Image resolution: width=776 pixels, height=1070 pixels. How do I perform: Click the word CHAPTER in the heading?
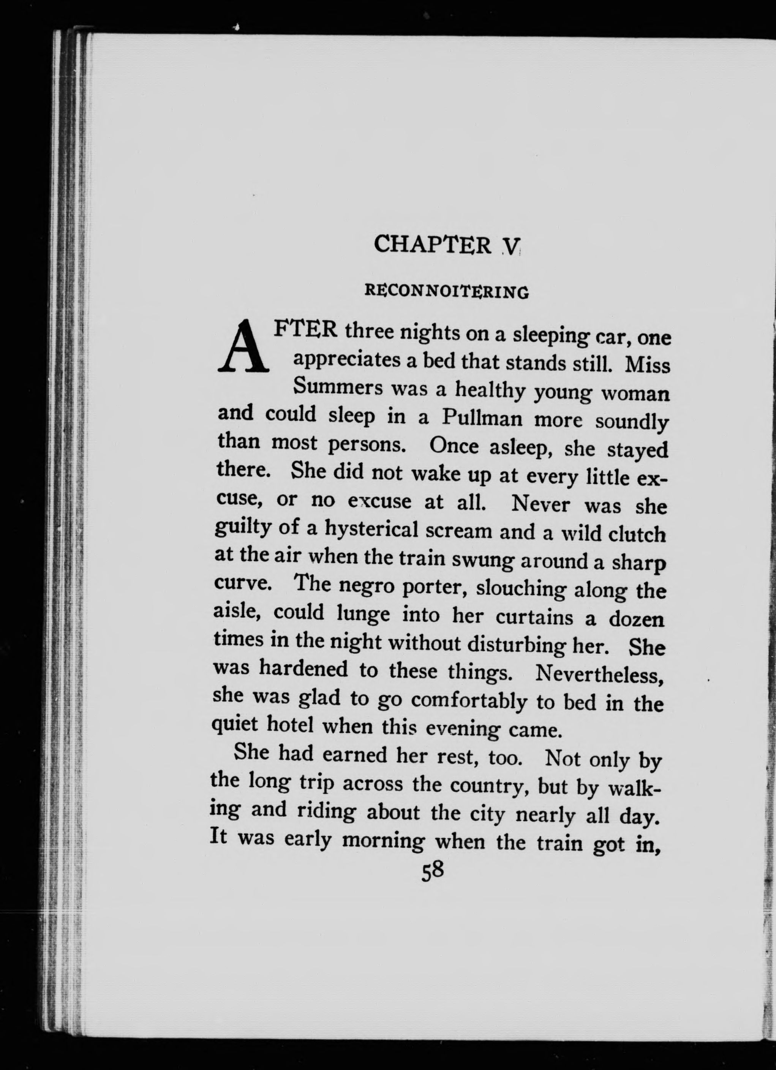433,245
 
